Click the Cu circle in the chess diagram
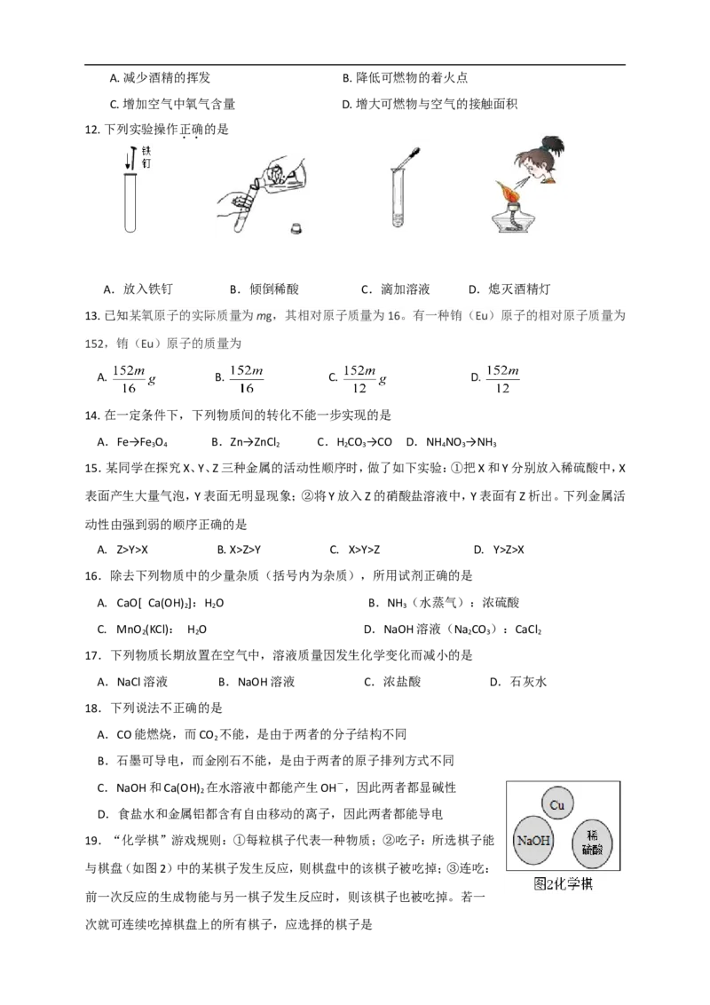tap(556, 805)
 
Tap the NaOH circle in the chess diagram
tap(533, 840)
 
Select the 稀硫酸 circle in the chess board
tap(592, 843)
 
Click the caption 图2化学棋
tap(563, 884)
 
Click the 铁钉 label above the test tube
tap(146, 156)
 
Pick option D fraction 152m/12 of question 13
tap(502, 379)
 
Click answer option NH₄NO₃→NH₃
tap(461, 442)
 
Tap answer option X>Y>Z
tap(364, 550)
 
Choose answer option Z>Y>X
tap(132, 550)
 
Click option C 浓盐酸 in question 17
tap(402, 681)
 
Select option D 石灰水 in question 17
tap(528, 681)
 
